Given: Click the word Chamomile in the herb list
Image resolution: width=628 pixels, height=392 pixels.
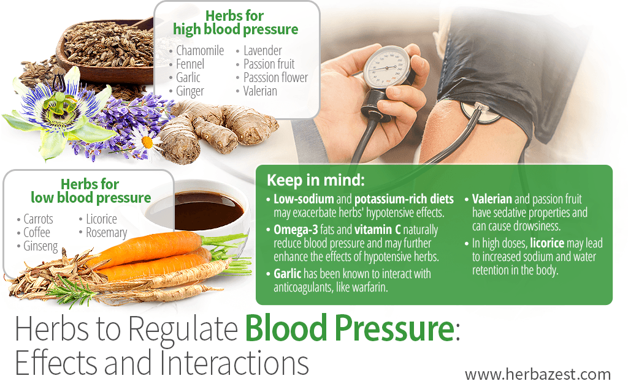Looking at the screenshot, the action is [200, 51].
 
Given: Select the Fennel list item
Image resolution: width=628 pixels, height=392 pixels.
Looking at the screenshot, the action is [190, 64].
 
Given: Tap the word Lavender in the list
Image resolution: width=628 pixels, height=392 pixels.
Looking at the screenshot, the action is [262, 51].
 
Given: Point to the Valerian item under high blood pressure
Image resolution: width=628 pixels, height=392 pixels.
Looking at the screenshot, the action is [260, 91].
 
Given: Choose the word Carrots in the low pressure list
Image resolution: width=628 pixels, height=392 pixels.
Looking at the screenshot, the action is [38, 219].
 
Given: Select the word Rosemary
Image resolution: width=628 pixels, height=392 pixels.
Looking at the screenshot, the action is [107, 233].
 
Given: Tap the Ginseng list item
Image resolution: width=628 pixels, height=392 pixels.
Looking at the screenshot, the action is [40, 246].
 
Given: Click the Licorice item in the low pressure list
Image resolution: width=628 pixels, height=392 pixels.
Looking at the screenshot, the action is [101, 219].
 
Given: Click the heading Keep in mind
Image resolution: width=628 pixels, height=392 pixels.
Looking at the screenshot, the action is [316, 181].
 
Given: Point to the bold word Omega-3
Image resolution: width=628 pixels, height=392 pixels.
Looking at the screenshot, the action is [296, 230].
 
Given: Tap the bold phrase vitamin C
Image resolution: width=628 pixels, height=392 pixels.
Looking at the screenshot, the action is [377, 230].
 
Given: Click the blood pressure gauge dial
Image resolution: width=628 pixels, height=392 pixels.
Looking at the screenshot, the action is [385, 66].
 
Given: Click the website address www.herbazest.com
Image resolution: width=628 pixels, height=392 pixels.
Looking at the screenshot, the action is [537, 375].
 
